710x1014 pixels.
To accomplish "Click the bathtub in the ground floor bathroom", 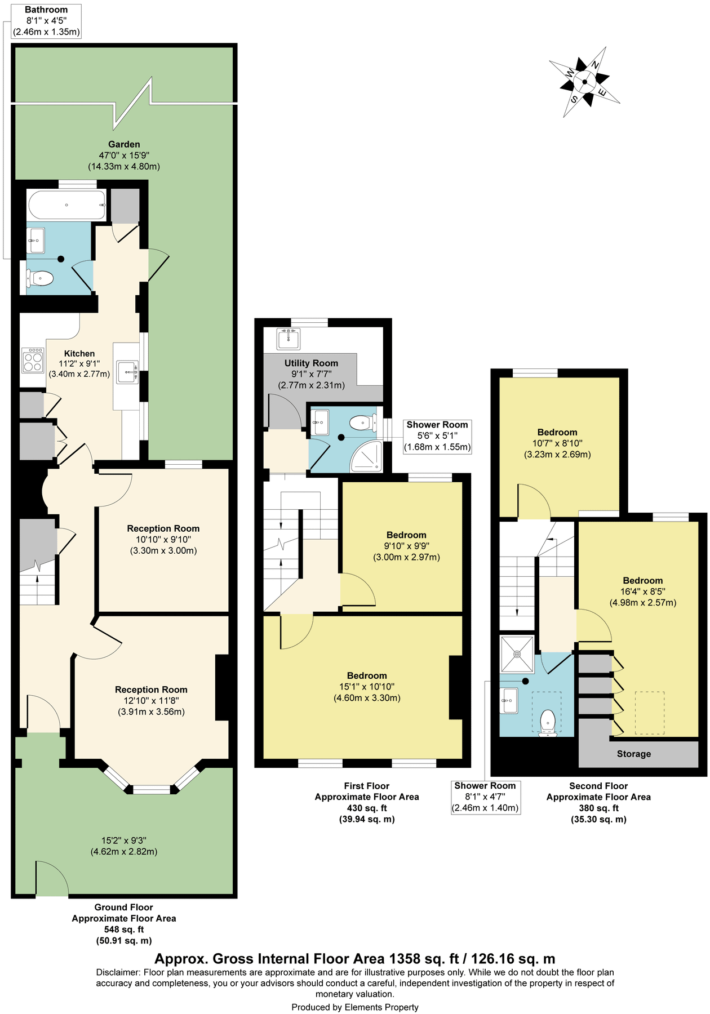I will pos(66,205).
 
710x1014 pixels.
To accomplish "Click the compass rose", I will pos(584,82).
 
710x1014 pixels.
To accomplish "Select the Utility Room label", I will pos(311,363).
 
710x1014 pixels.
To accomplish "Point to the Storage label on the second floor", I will pos(633,754).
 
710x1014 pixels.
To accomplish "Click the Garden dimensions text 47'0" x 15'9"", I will pos(124,155).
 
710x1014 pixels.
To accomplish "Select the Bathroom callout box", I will pos(47,21).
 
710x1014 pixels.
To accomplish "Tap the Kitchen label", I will pos(79,353).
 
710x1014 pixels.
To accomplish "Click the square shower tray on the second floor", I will pos(517,654).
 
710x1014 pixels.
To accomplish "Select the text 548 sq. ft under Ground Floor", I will pos(124,929).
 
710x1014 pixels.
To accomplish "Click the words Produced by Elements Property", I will pos(355,1007).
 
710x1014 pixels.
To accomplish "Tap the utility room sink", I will pos(289,339).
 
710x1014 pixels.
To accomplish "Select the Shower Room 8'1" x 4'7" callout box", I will pos(485,797).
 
